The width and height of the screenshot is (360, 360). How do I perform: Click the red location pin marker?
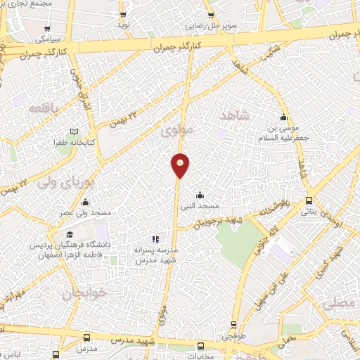[x=181, y=165]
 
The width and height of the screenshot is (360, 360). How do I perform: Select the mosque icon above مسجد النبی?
[x=200, y=195]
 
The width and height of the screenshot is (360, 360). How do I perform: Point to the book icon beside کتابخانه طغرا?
[x=74, y=131]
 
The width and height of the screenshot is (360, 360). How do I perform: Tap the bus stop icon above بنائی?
[x=309, y=201]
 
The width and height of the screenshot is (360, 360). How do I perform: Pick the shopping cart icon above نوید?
[x=123, y=14]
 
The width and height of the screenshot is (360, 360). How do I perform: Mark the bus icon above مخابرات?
[x=200, y=346]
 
